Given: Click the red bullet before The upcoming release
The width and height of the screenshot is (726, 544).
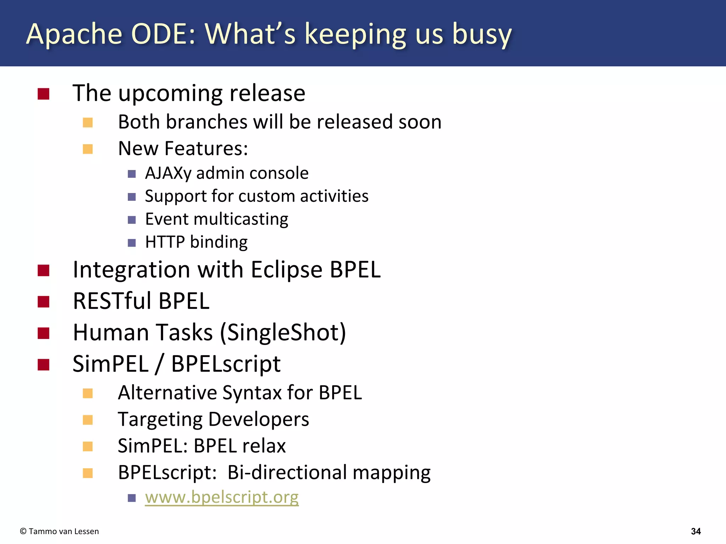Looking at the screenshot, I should (x=43, y=94).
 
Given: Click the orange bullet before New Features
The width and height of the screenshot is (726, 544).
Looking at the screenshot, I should (x=88, y=149).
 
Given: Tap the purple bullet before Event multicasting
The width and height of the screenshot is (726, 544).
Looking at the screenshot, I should (x=132, y=220).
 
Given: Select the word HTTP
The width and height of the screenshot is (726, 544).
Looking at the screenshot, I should (x=165, y=242).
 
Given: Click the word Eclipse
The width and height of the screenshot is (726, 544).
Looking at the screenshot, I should (x=286, y=270).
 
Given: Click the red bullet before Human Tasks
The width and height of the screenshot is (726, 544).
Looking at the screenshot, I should (x=43, y=333).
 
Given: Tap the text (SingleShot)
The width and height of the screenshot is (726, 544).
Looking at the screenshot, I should (x=283, y=333).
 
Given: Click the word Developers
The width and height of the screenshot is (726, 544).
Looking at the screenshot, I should (x=258, y=420).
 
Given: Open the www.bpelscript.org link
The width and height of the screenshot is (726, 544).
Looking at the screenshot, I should (x=222, y=497).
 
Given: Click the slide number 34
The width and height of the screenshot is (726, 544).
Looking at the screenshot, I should (x=696, y=531).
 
